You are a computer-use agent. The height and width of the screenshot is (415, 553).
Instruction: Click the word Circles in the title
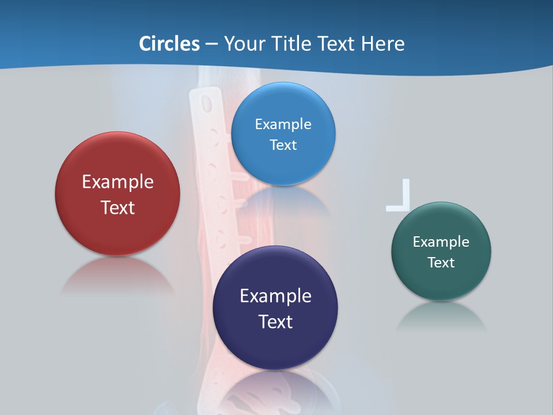(x=169, y=44)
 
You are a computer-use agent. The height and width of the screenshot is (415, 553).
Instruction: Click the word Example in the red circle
(x=118, y=182)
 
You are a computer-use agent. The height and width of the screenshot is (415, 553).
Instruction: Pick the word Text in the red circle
(x=118, y=207)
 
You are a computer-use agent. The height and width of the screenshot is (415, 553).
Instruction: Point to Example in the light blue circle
(x=283, y=124)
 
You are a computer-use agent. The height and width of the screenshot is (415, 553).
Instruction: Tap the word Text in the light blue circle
(x=283, y=145)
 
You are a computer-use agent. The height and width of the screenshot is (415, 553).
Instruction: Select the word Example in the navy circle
(x=275, y=296)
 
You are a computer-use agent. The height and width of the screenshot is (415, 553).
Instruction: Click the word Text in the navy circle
(x=275, y=322)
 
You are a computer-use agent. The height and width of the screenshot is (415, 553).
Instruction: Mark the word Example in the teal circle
(x=441, y=242)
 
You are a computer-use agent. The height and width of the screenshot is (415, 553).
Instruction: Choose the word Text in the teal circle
(x=441, y=263)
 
